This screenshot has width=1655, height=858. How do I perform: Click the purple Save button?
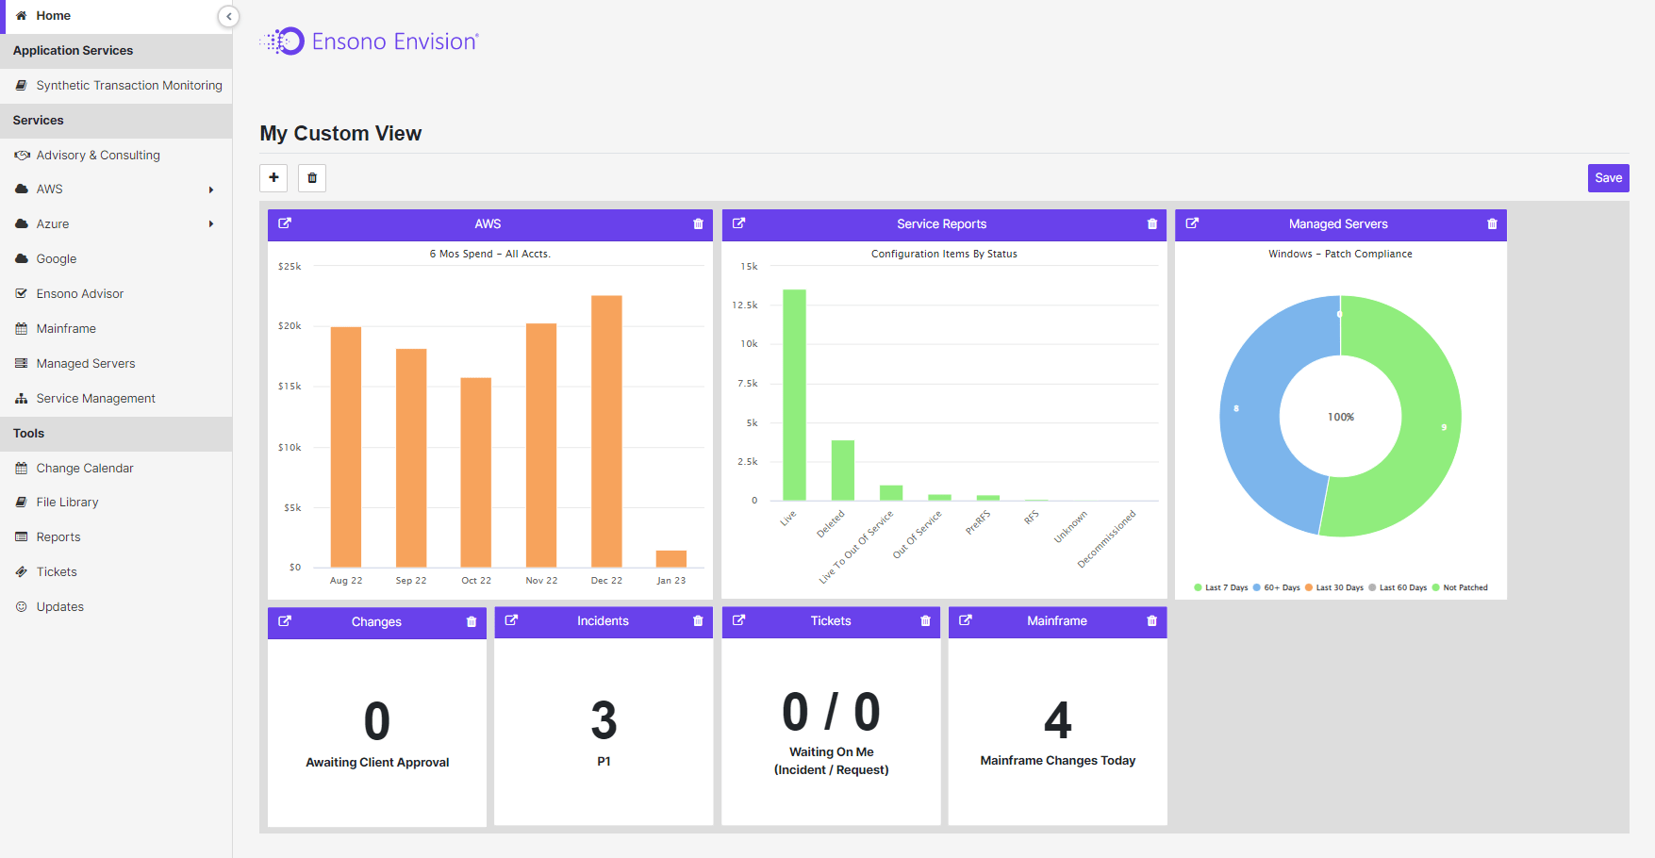point(1608,178)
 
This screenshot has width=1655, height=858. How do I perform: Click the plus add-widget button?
point(273,177)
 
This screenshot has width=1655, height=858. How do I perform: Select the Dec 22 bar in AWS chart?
point(606,431)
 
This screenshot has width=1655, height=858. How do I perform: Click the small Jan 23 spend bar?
point(670,558)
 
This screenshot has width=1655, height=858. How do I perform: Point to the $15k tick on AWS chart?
point(290,387)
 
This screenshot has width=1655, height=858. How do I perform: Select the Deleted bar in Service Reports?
point(842,470)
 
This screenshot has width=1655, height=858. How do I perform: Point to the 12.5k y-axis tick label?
point(745,305)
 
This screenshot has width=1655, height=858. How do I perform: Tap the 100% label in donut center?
point(1340,417)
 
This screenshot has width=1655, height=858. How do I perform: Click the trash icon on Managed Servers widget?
point(1492,224)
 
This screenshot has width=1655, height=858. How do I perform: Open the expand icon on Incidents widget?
point(511,620)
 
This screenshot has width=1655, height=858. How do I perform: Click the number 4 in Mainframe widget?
point(1057,720)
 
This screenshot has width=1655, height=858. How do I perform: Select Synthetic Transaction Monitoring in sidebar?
point(129,86)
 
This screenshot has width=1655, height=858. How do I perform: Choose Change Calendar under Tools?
point(85,469)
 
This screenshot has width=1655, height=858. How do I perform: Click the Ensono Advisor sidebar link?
point(80,294)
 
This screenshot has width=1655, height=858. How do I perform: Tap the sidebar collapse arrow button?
point(228,16)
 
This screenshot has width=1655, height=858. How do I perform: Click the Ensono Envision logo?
point(370,41)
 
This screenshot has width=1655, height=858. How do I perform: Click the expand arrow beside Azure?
point(211,224)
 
